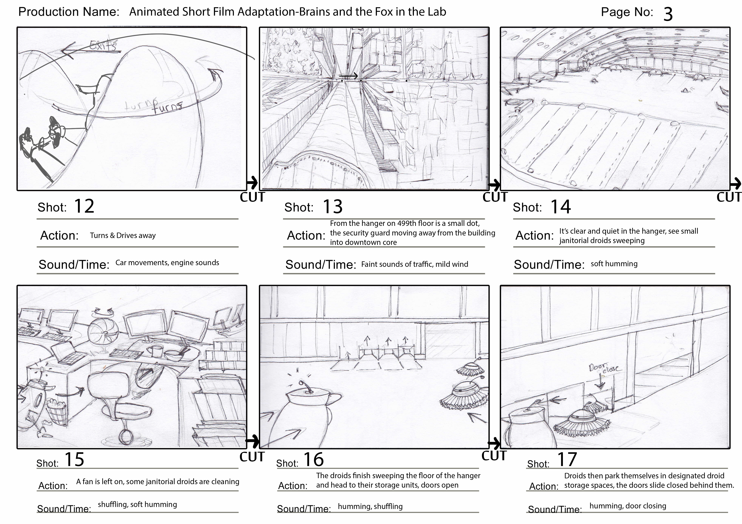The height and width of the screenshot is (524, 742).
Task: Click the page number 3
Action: point(668,14)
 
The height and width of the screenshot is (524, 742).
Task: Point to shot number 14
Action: point(561,207)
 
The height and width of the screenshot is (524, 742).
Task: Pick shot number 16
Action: point(313,459)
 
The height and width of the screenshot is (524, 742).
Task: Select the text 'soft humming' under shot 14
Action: point(614,264)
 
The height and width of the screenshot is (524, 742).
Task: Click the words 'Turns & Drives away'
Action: point(123,235)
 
